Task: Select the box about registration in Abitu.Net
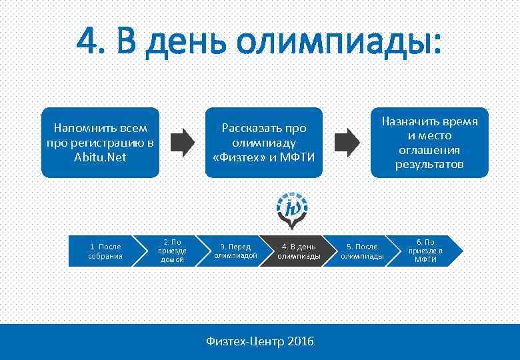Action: (101, 143)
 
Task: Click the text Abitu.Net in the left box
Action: (101, 158)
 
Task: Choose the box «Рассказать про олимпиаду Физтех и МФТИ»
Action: (263, 143)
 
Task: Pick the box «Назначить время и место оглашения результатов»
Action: (429, 143)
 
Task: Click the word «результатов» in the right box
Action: (429, 164)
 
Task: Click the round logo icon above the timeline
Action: (292, 207)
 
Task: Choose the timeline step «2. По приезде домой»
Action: (171, 251)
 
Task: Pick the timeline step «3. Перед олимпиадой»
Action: (235, 251)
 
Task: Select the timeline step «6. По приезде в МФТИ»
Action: (425, 251)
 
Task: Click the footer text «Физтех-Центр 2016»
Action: (260, 341)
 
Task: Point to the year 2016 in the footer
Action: (300, 341)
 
